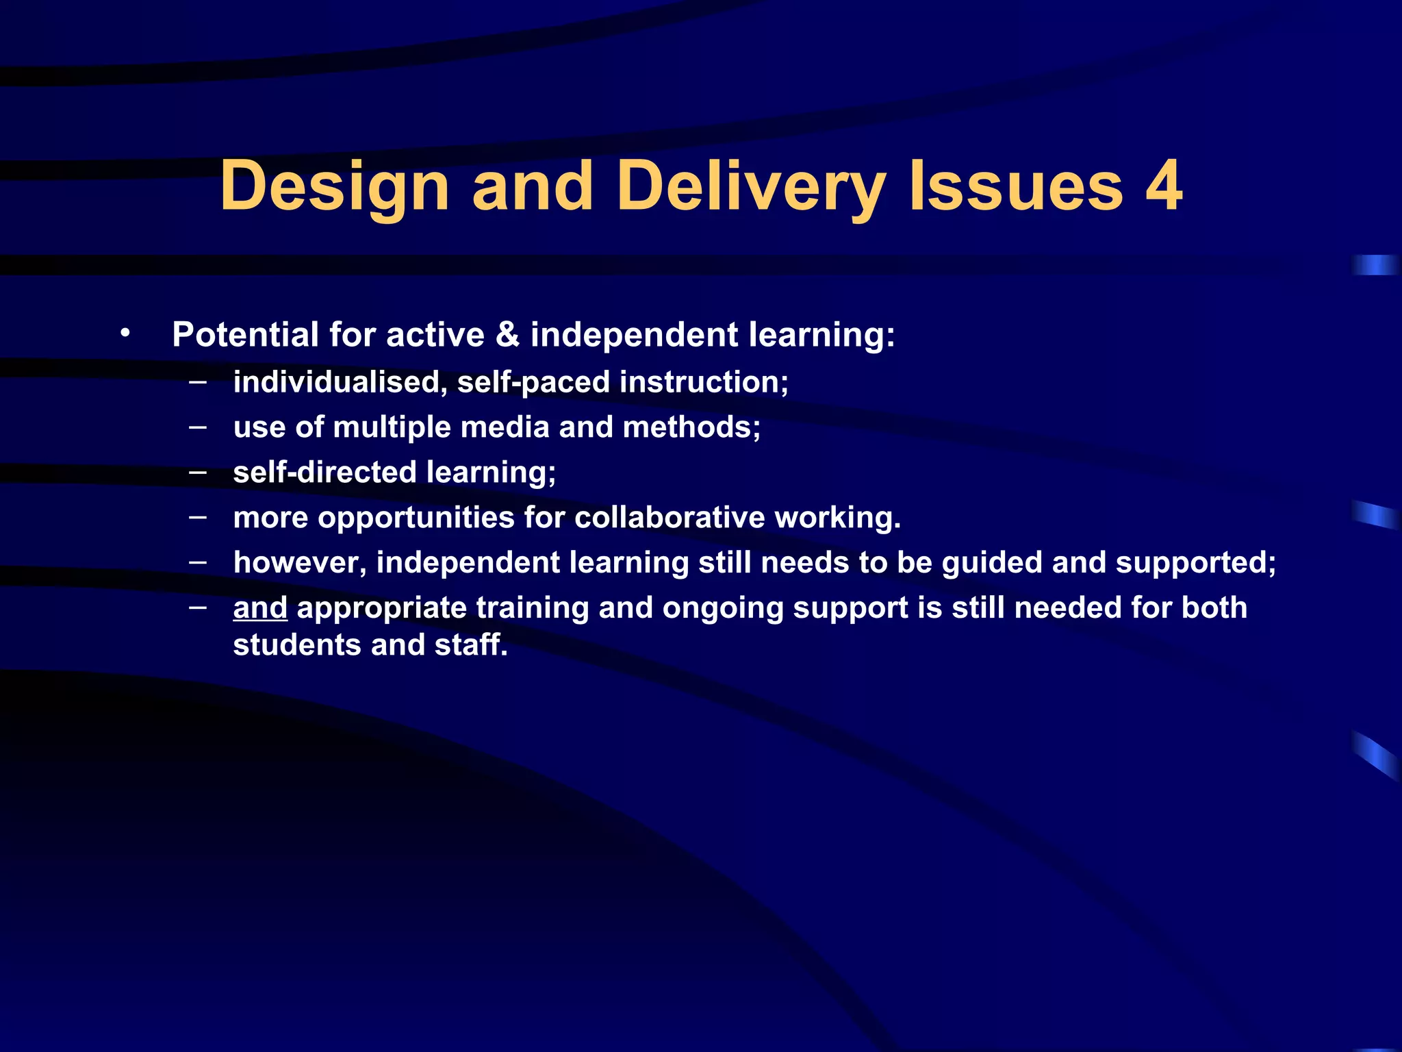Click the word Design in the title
(x=334, y=186)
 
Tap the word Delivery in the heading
(x=751, y=186)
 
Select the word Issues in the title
(x=1016, y=186)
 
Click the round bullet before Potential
(x=125, y=334)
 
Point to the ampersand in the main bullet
(x=507, y=335)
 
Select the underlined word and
(x=260, y=608)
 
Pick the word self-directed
(x=324, y=473)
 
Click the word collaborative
(x=670, y=518)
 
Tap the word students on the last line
(x=296, y=645)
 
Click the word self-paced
(x=533, y=381)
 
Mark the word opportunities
(x=416, y=518)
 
